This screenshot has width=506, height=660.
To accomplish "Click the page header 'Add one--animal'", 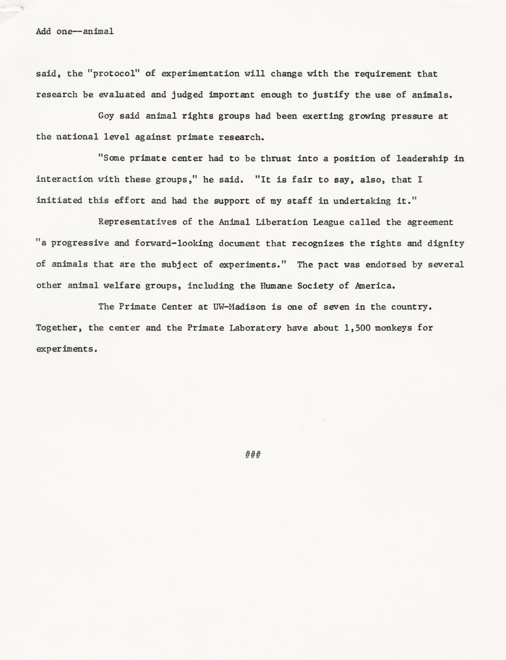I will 75,32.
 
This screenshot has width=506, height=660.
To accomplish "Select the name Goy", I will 106,116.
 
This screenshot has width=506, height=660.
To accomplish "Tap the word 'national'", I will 77,137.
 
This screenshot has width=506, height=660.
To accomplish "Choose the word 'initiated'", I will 59,201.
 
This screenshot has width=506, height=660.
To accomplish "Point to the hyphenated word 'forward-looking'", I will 174,243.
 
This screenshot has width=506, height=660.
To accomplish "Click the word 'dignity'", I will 446,243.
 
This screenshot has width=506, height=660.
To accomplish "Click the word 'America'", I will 374,286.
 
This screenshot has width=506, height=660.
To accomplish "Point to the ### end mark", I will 253,454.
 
